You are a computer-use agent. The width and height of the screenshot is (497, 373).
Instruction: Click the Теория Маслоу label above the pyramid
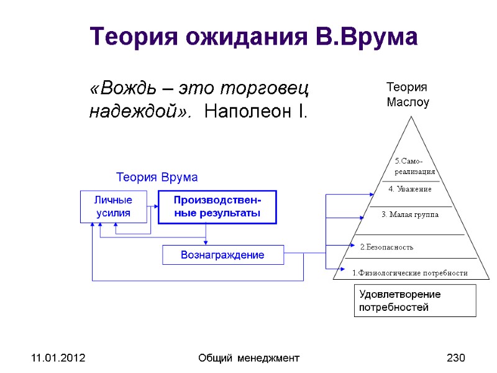[408, 94]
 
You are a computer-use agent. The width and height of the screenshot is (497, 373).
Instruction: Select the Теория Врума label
[157, 177]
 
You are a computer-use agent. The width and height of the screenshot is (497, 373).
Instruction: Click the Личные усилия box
[113, 207]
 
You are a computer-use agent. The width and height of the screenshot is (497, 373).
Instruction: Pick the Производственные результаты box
[217, 207]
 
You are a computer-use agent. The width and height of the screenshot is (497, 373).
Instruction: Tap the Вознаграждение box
[222, 255]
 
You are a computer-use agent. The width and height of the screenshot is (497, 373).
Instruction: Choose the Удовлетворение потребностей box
[414, 300]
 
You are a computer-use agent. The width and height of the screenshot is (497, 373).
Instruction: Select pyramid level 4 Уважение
[410, 188]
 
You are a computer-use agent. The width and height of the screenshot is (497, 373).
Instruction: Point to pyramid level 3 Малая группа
[409, 214]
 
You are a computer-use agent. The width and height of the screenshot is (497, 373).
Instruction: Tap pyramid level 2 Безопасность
[386, 247]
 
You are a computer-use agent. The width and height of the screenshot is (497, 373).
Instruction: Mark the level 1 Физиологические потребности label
[409, 273]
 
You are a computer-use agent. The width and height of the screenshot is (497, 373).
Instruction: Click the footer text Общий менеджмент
[248, 358]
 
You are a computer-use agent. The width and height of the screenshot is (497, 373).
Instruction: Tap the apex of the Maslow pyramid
[409, 116]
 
